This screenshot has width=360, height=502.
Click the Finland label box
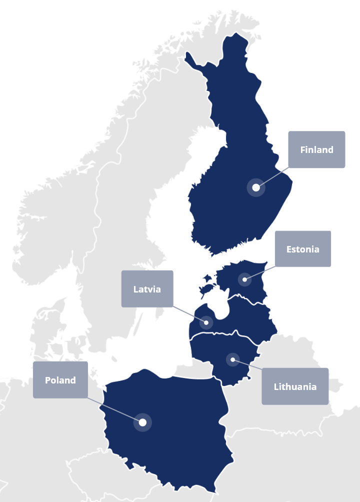click(316, 149)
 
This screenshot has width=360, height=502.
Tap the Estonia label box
click(302, 249)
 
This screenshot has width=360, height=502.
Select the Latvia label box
click(147, 289)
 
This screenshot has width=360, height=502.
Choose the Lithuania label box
click(295, 386)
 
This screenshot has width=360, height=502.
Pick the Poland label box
click(60, 380)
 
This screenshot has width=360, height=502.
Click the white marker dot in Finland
click(256, 187)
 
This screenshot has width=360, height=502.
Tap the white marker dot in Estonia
click(244, 279)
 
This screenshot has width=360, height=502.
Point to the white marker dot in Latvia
click(206, 322)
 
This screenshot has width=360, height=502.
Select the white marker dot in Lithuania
click(232, 359)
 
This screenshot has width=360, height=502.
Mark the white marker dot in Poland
click(142, 422)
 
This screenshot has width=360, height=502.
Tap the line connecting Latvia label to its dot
click(189, 314)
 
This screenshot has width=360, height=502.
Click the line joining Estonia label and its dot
click(260, 273)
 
